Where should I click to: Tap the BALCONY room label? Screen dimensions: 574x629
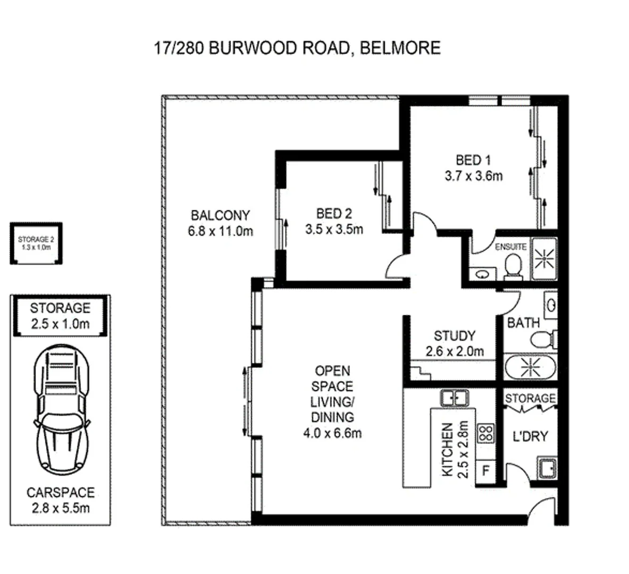point(220,216)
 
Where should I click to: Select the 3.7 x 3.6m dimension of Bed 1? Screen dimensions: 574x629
point(473,176)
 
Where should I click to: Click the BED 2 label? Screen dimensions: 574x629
point(334,214)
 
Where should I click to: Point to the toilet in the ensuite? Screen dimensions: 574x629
point(514,265)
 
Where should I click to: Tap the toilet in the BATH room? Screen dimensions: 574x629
point(546,338)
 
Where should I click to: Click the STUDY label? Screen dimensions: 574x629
point(454,336)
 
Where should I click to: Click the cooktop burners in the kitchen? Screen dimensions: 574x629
point(485,433)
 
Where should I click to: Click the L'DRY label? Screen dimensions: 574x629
point(530,436)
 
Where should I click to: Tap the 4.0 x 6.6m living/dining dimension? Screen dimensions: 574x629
point(333,433)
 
